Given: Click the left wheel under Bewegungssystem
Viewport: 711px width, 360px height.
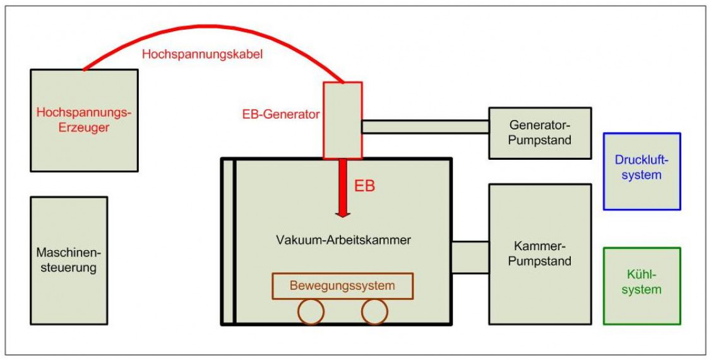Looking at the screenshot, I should pos(311,311).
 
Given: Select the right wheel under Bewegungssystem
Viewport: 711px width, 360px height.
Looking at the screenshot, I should pos(374,311).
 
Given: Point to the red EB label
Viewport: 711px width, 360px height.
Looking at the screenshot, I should pos(365,186).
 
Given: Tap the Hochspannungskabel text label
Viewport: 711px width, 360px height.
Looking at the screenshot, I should pos(202,54).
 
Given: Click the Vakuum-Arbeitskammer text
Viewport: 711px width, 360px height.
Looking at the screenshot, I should pos(344,240).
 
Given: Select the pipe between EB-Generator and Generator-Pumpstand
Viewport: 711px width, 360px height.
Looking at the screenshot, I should pos(425,127).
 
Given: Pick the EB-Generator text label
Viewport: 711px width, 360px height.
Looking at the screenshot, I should pos(281,115).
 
